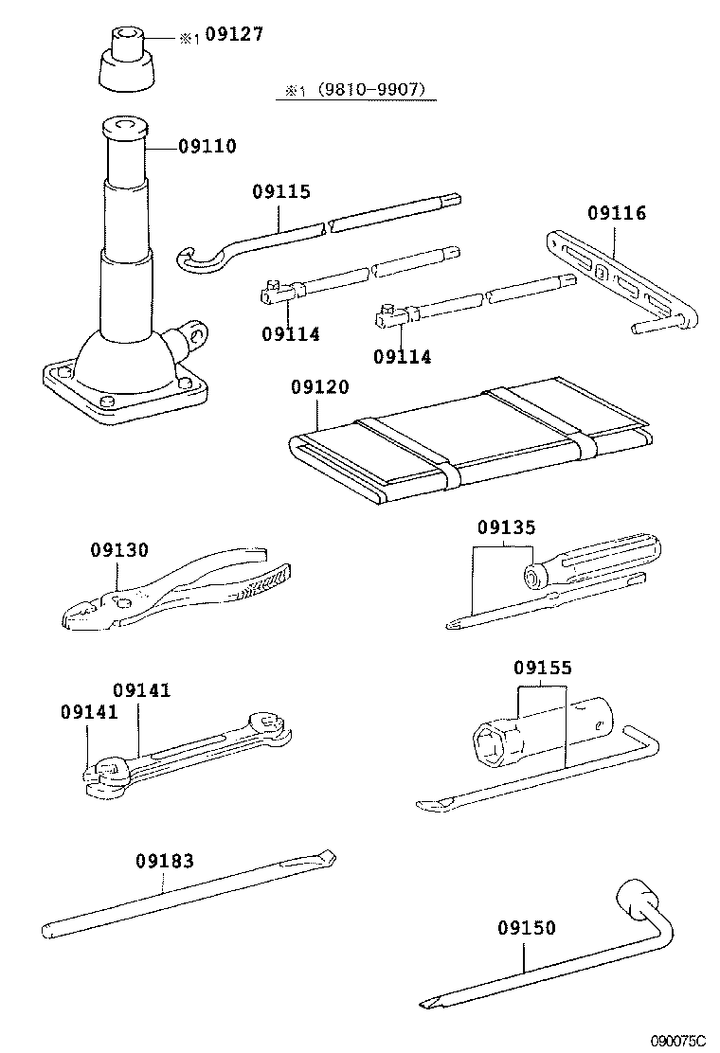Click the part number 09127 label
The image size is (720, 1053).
(x=233, y=36)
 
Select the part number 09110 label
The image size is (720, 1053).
(x=207, y=147)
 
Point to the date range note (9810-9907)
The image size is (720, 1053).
(x=364, y=90)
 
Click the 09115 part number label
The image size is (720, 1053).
(x=280, y=191)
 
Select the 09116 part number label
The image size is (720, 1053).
(x=616, y=214)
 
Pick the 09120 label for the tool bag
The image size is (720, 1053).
(x=320, y=387)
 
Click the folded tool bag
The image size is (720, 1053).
(x=474, y=440)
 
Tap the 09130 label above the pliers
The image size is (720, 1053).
(x=120, y=551)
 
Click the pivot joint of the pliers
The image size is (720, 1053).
(x=120, y=599)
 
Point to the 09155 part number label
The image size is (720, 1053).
(x=543, y=669)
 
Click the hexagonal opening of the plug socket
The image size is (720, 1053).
(x=495, y=736)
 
